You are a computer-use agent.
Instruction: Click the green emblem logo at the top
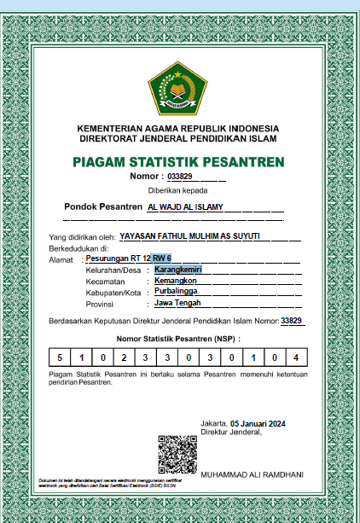[178, 90]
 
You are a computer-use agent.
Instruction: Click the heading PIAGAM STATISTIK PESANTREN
[178, 162]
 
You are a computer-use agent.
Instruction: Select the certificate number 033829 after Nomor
[180, 177]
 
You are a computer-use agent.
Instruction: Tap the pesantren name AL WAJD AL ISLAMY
[185, 207]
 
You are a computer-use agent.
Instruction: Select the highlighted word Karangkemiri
[179, 270]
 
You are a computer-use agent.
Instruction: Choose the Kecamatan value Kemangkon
[176, 281]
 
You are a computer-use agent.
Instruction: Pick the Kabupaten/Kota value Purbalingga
[177, 292]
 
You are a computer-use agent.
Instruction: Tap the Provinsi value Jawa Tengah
[177, 303]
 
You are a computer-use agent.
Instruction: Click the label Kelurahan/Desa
[112, 270]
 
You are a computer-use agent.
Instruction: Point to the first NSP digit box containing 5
[60, 357]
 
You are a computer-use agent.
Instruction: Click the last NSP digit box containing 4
[295, 357]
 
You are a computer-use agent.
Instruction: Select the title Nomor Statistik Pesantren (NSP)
[178, 339]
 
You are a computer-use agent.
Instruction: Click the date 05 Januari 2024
[258, 423]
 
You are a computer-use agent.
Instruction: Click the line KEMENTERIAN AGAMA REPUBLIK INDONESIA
[178, 128]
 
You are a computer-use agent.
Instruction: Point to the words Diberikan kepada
[178, 190]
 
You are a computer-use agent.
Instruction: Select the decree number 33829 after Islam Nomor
[291, 321]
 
